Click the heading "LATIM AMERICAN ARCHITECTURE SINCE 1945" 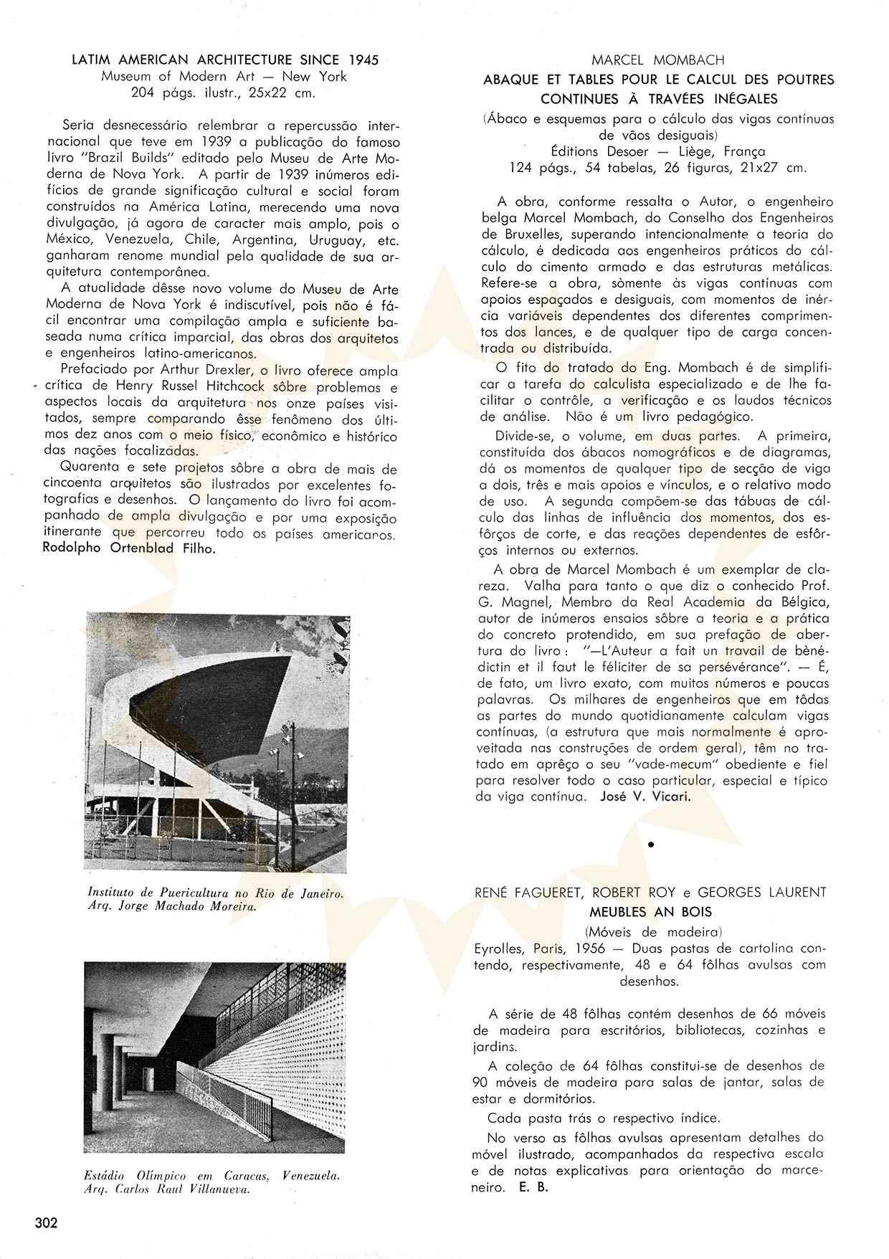(225, 60)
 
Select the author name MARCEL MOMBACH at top (658, 60)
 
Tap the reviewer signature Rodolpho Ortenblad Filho (129, 548)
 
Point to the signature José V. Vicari (645, 797)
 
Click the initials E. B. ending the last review (531, 1187)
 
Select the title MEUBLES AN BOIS (650, 912)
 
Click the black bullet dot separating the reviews (651, 845)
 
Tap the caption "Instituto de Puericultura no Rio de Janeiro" (215, 893)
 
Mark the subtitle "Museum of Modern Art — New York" (224, 77)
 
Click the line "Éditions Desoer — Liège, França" (658, 151)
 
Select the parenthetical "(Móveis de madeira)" (652, 931)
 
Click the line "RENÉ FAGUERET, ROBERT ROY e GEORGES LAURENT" (650, 893)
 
